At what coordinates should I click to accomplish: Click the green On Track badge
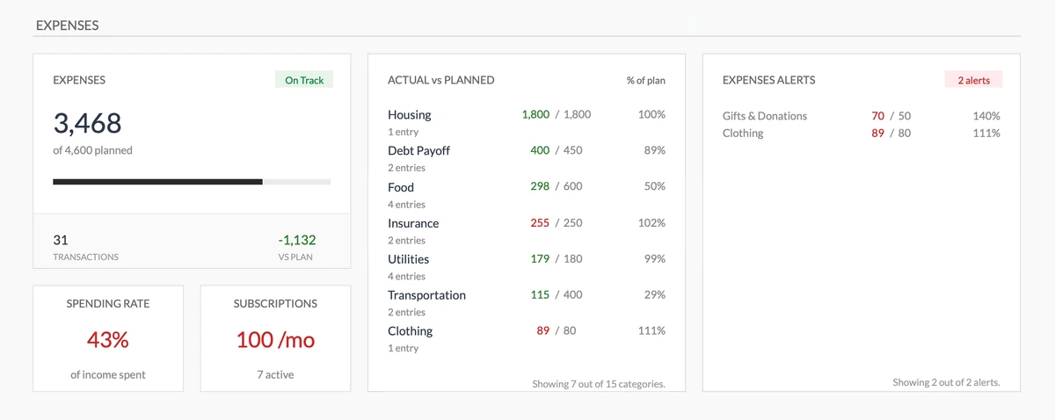304,80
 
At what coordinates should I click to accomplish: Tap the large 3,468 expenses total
87,123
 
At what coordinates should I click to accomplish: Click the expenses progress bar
192,182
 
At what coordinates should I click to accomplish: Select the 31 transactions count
61,240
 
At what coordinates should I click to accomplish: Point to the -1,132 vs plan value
296,240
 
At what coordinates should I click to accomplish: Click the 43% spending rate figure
108,339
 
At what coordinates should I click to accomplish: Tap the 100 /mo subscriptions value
275,339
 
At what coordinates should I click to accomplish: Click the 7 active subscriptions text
275,374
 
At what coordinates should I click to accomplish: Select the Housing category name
409,114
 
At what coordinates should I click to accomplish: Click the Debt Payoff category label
418,150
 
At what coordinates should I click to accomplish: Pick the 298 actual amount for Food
540,186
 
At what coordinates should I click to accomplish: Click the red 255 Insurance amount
540,222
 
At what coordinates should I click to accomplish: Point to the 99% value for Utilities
654,258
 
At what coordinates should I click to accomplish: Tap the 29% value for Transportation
654,294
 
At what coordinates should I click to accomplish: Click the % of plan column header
645,80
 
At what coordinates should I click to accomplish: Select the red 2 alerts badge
973,80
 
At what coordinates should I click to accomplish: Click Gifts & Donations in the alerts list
764,116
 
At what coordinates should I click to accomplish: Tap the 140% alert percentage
986,116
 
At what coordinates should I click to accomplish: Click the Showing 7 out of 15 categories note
598,383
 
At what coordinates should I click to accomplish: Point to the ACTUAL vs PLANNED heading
440,80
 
